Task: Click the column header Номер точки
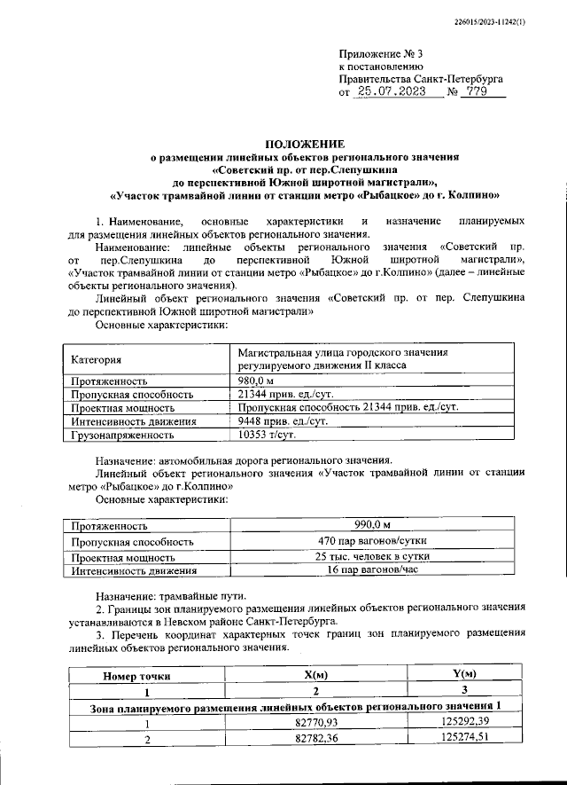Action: point(136,676)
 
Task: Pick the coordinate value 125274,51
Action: point(463,738)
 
